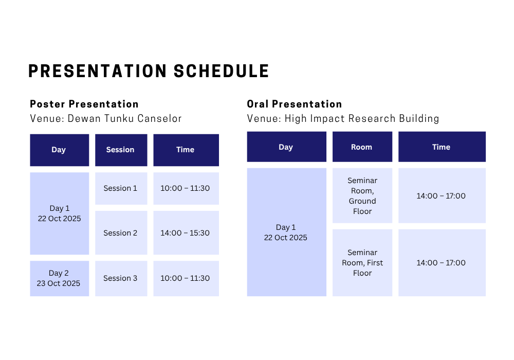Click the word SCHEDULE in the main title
point(221,71)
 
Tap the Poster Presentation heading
point(84,104)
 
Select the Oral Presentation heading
point(295,104)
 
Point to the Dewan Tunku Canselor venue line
point(105,118)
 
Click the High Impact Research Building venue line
point(343,118)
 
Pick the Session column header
point(121,150)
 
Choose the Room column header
point(362,147)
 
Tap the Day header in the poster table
point(59,150)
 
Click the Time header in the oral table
point(442,147)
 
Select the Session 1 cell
point(121,189)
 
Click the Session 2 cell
point(121,233)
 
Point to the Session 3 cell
point(121,278)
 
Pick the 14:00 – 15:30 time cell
point(186,233)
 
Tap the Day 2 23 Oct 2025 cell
point(59,278)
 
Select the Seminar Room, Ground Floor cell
point(362,196)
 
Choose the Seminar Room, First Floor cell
point(362,263)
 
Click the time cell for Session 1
point(186,189)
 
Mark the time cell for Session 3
point(186,278)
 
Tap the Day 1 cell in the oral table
point(286,232)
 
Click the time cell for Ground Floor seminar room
point(442,196)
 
